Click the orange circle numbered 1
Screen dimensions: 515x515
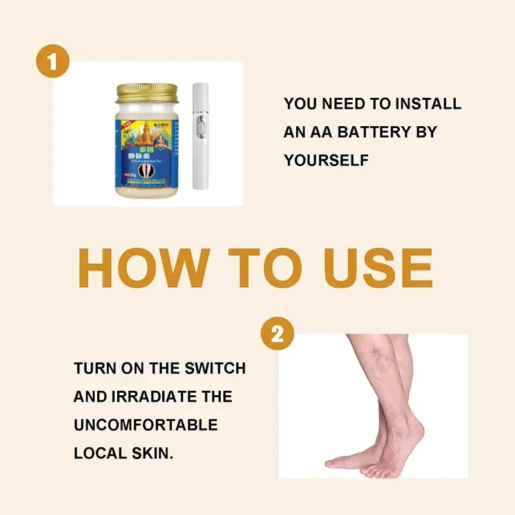click(x=52, y=61)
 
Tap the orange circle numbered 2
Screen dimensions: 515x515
click(x=277, y=334)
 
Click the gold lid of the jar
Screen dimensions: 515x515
click(x=147, y=92)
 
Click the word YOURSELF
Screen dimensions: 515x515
click(x=326, y=160)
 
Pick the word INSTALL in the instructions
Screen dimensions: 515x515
click(x=428, y=104)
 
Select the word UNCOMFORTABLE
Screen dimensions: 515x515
click(x=145, y=426)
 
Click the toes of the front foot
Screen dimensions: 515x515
click(x=338, y=462)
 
